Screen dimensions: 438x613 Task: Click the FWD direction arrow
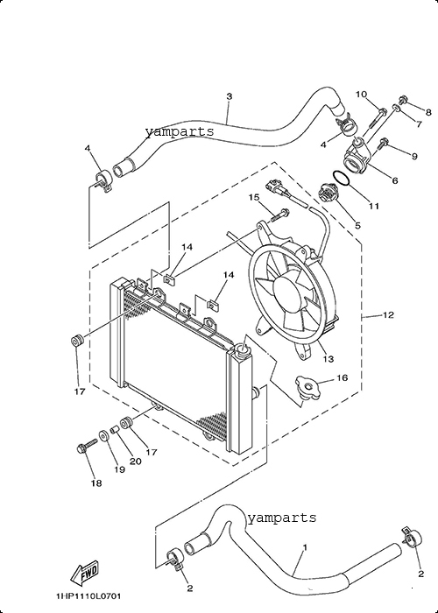(x=84, y=574)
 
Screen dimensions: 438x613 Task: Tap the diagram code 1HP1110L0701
(x=88, y=596)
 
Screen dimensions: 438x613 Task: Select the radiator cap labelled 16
(x=307, y=387)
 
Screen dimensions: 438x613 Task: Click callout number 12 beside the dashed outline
(x=388, y=314)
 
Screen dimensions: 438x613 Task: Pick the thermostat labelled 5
(x=328, y=193)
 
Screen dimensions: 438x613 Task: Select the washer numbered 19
(x=104, y=435)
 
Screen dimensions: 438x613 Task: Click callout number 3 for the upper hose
(x=230, y=96)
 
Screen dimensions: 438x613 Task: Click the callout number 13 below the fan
(x=328, y=358)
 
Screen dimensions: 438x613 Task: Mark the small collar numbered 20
(x=115, y=430)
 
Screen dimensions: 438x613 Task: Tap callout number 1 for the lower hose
(x=305, y=547)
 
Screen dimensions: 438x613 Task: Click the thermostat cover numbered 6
(x=357, y=160)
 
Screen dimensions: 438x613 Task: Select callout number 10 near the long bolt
(x=361, y=95)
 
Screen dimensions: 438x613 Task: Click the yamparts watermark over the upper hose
(x=180, y=131)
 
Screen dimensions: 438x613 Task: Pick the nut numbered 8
(x=403, y=100)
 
